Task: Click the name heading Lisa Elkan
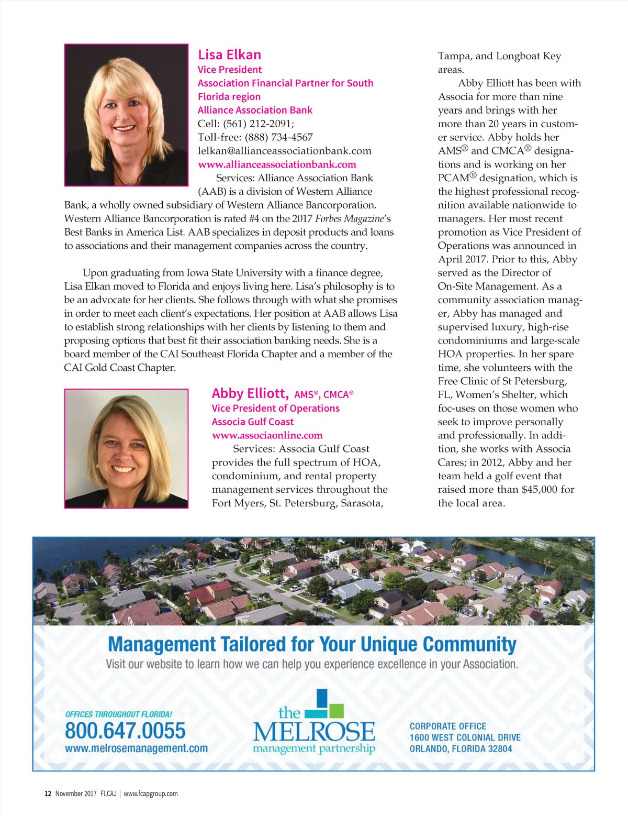pyautogui.click(x=229, y=55)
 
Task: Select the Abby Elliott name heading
pyautogui.click(x=250, y=393)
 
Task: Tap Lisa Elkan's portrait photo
pyautogui.click(x=126, y=115)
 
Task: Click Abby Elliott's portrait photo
pyautogui.click(x=126, y=448)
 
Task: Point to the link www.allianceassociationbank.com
pyautogui.click(x=277, y=164)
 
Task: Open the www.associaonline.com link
pyautogui.click(x=267, y=435)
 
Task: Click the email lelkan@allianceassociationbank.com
pyautogui.click(x=284, y=151)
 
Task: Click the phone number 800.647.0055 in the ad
pyautogui.click(x=125, y=731)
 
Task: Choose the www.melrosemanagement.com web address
pyautogui.click(x=136, y=748)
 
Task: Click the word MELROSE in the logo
pyautogui.click(x=314, y=731)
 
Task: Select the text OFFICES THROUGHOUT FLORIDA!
pyautogui.click(x=118, y=714)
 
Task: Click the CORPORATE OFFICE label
pyautogui.click(x=447, y=726)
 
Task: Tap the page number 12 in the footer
pyautogui.click(x=48, y=793)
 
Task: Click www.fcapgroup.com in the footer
pyautogui.click(x=151, y=793)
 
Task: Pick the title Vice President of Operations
pyautogui.click(x=275, y=409)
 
